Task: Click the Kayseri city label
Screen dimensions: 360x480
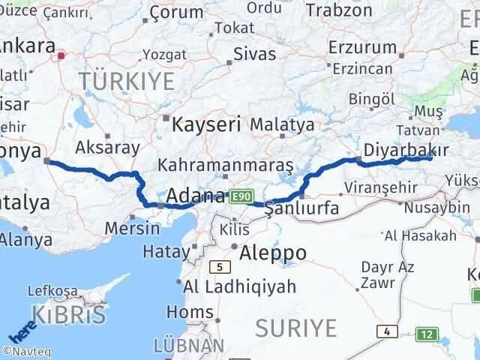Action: click(x=206, y=124)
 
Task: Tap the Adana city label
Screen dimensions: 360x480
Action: click(x=195, y=196)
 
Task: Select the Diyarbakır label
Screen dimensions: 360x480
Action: click(x=400, y=150)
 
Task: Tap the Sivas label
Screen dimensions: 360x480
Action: click(x=254, y=54)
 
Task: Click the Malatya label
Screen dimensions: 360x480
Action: click(x=282, y=124)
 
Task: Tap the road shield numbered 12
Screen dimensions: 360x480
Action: click(x=427, y=333)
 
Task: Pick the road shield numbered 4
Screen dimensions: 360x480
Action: click(x=386, y=330)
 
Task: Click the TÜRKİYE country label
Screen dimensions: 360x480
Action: click(x=127, y=80)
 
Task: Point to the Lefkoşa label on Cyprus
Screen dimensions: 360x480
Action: click(x=52, y=291)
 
